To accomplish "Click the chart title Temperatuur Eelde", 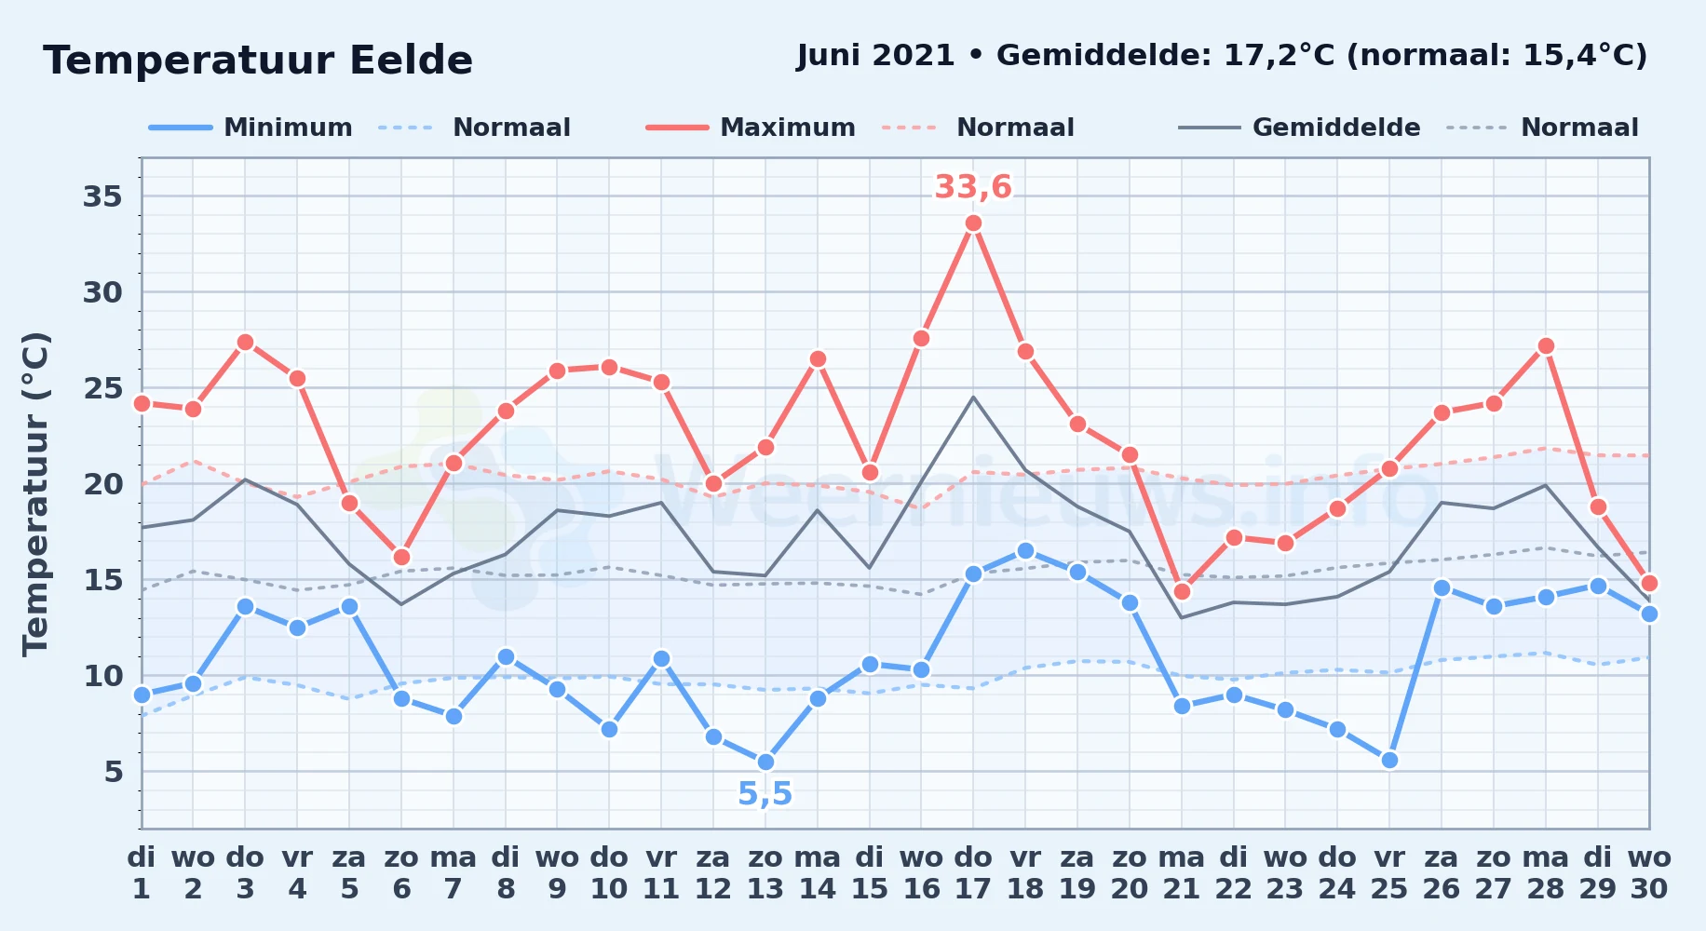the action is (x=258, y=61).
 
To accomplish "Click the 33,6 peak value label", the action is (x=973, y=187).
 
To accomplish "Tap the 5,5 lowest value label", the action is (x=765, y=794).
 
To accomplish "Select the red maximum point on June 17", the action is (x=973, y=223).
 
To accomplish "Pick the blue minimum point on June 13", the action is (x=765, y=762).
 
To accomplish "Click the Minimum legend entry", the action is (x=251, y=128).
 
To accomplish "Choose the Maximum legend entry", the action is (x=751, y=128).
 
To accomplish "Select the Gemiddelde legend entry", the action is (x=1300, y=128).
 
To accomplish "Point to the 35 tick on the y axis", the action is (x=103, y=196).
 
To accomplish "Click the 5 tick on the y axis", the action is (x=114, y=772).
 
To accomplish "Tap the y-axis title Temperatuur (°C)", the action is (x=36, y=494).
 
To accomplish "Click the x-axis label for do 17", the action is (x=973, y=873).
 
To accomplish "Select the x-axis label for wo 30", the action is (x=1649, y=873).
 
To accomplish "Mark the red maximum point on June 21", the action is (x=1182, y=592).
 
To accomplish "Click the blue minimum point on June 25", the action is (x=1389, y=761).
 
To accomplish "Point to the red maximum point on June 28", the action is (x=1546, y=346).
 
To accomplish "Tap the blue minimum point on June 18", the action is (x=1025, y=551).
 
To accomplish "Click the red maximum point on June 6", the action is (x=401, y=558).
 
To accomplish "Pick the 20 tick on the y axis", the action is (x=103, y=484).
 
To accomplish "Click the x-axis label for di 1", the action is (x=142, y=873).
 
